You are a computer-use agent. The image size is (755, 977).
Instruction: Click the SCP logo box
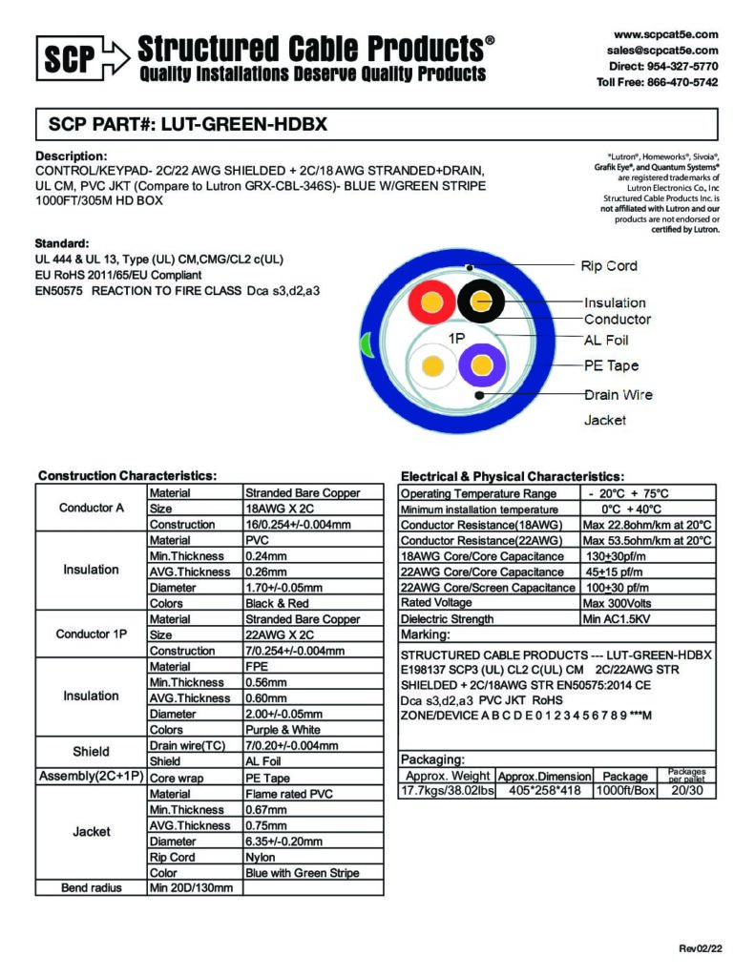coord(69,60)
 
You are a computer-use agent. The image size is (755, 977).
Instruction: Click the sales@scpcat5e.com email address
coord(661,50)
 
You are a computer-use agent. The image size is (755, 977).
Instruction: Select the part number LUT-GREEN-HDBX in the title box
coord(248,124)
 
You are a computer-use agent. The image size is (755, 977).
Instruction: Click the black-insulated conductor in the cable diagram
coord(481,303)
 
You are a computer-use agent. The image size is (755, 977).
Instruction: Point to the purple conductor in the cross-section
coord(482,366)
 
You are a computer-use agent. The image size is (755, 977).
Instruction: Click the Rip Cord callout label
coord(609,265)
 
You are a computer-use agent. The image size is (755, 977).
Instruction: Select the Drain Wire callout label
coord(619,394)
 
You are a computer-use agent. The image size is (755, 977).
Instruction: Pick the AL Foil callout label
coord(606,340)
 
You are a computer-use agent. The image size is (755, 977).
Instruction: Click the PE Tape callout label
coord(611,365)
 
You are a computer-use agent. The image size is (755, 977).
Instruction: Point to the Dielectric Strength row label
coord(447,619)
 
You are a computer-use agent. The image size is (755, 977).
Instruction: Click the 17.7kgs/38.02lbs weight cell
coord(447,791)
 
